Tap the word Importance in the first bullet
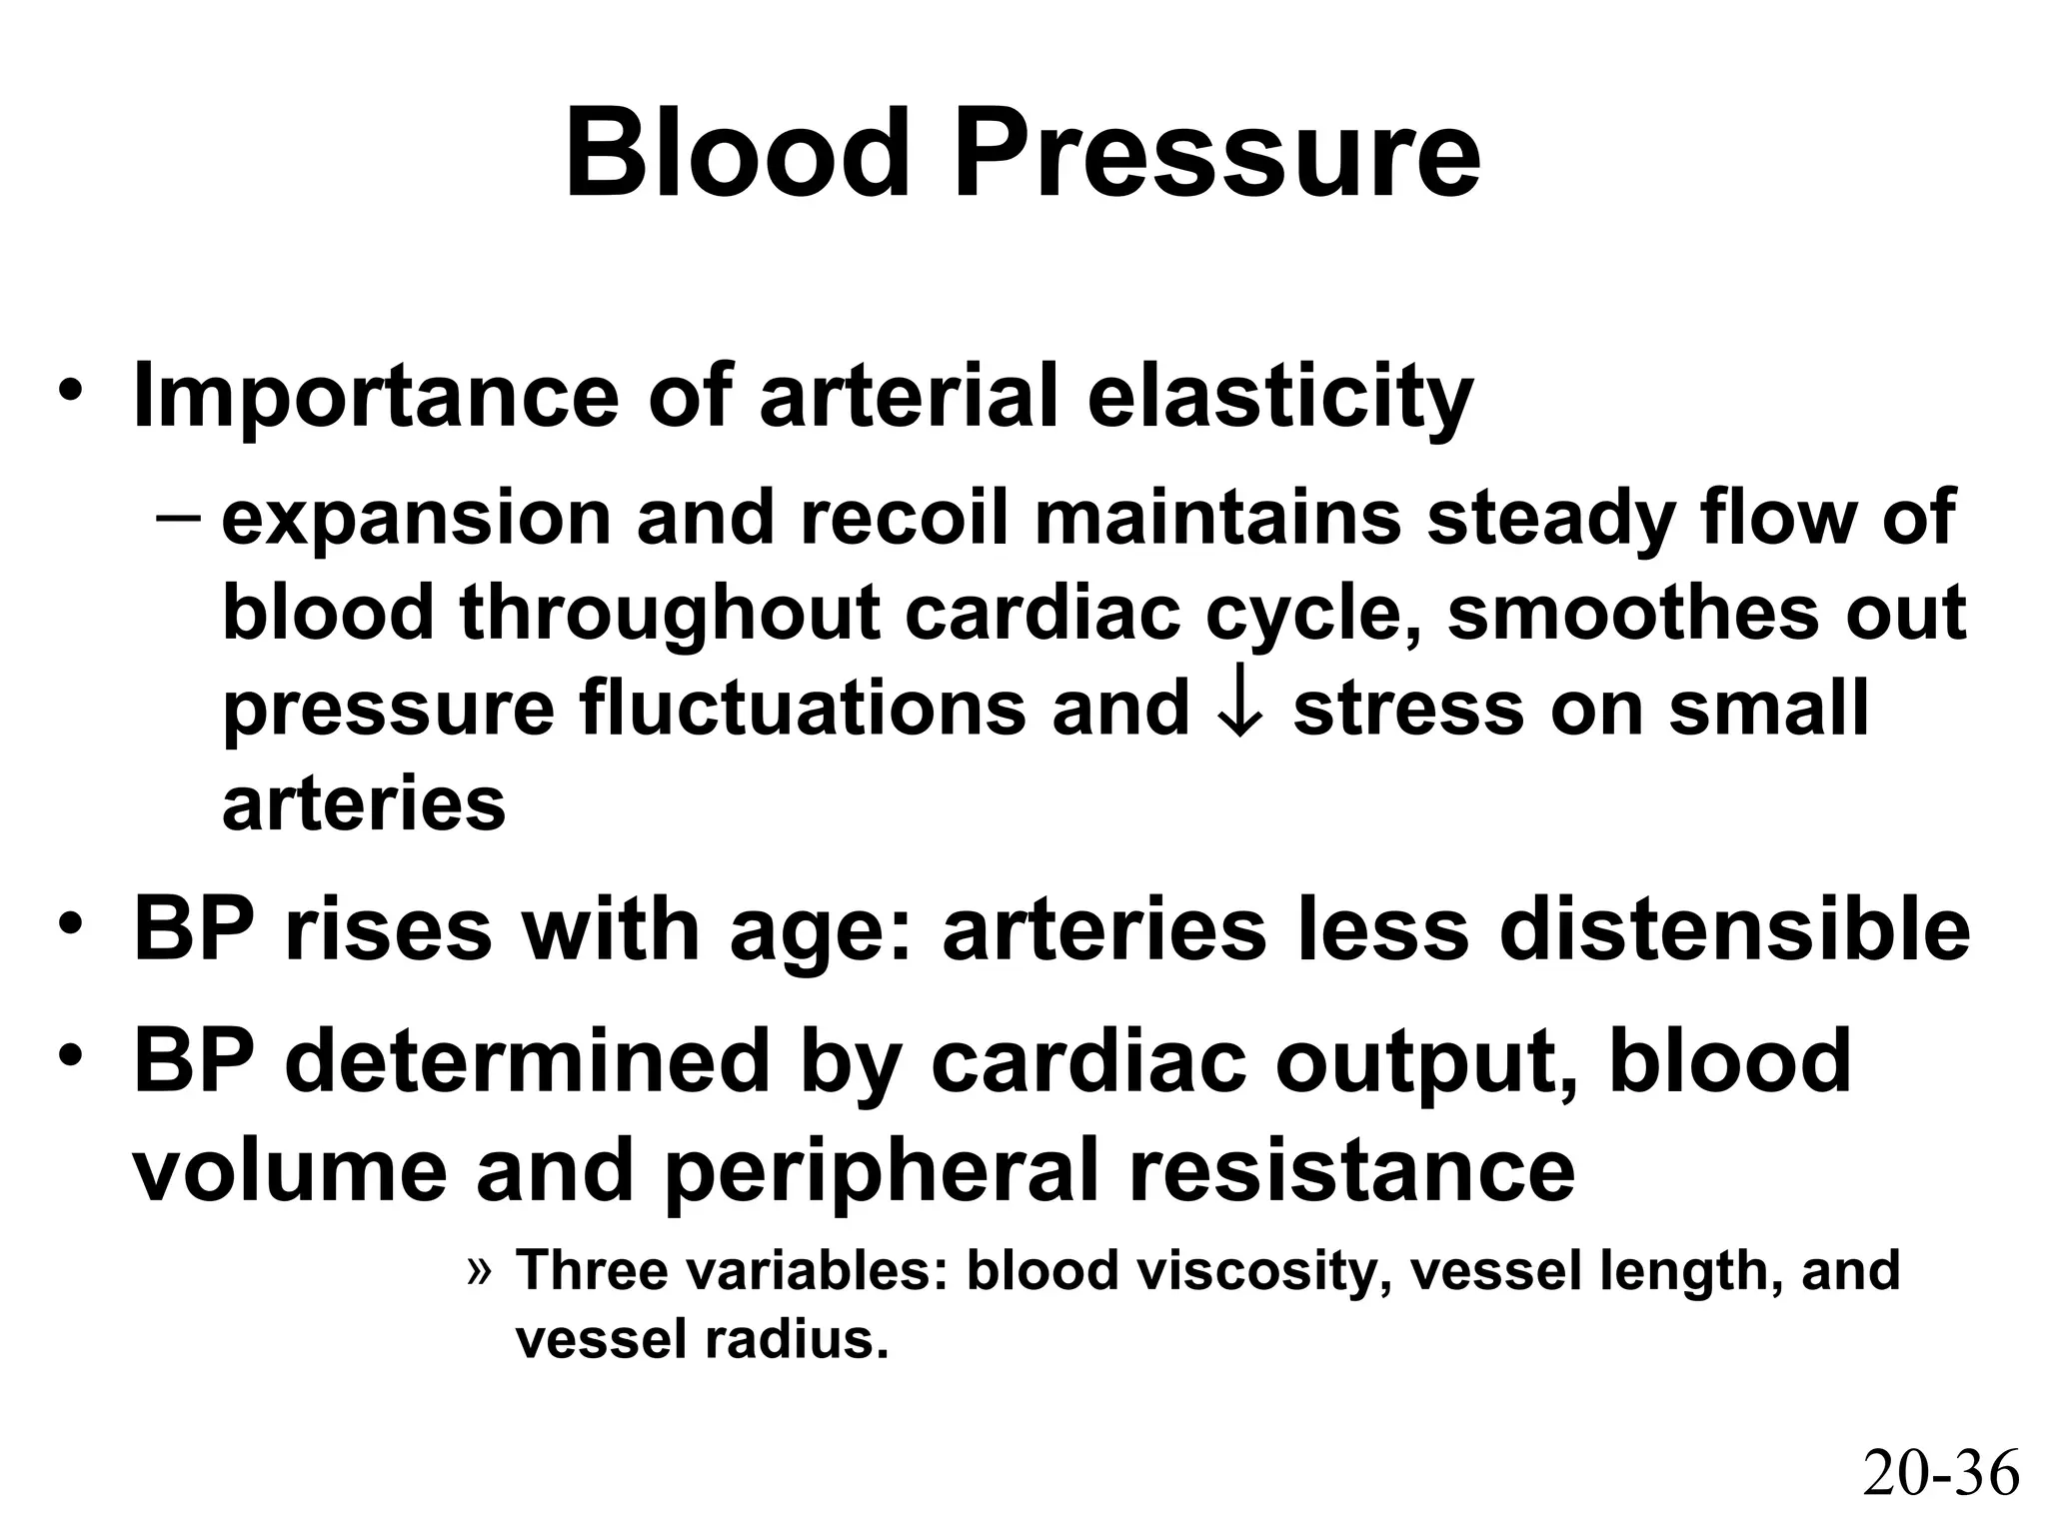pyautogui.click(x=376, y=397)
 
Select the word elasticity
pyautogui.click(x=1279, y=397)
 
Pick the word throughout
pyautogui.click(x=671, y=613)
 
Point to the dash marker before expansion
pyautogui.click(x=179, y=519)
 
